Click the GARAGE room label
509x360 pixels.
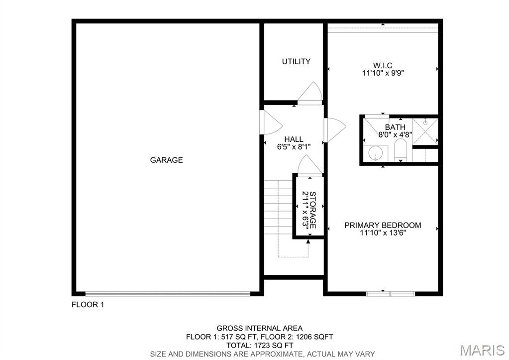point(167,160)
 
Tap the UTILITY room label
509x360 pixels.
point(296,61)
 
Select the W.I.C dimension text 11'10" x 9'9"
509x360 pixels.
point(383,73)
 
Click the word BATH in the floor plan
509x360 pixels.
point(395,127)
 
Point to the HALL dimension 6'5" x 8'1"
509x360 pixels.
point(294,146)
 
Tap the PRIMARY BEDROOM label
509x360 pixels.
point(383,225)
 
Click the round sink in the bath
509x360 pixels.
point(377,154)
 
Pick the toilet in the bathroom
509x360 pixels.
point(401,151)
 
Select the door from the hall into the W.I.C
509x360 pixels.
point(332,129)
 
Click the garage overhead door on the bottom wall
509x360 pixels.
point(168,293)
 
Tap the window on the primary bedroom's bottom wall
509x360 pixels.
point(391,293)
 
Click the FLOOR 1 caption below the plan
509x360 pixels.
point(88,305)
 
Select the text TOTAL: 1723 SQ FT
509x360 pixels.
point(259,345)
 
